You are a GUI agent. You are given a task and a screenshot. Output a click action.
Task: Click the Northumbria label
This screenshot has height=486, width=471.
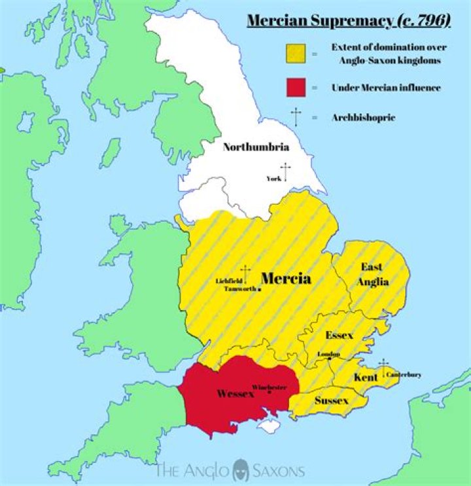click(256, 147)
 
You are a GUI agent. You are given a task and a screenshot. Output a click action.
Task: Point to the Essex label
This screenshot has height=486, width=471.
click(339, 335)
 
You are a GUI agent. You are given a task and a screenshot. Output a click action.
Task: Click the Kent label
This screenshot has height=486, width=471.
click(365, 378)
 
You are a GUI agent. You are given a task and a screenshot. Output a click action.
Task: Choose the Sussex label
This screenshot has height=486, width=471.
click(331, 400)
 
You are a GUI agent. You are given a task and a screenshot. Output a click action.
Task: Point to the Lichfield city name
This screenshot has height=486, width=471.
click(229, 281)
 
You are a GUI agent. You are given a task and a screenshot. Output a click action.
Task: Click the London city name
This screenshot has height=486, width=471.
click(328, 354)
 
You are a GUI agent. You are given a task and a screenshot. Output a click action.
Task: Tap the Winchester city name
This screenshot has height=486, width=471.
click(269, 387)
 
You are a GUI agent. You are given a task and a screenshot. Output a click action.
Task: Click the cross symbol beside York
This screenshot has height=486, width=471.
click(285, 172)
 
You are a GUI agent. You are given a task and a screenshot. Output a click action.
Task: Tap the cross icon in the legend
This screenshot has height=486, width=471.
click(296, 117)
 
